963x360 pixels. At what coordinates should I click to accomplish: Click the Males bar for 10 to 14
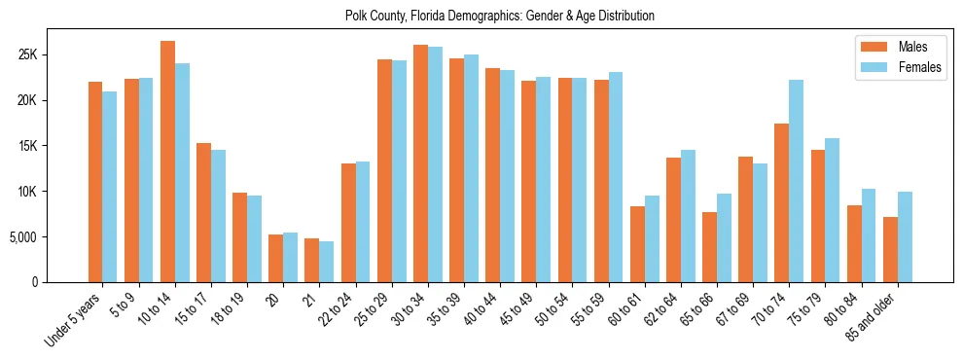(x=167, y=162)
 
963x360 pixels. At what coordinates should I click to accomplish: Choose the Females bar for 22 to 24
(x=363, y=222)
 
